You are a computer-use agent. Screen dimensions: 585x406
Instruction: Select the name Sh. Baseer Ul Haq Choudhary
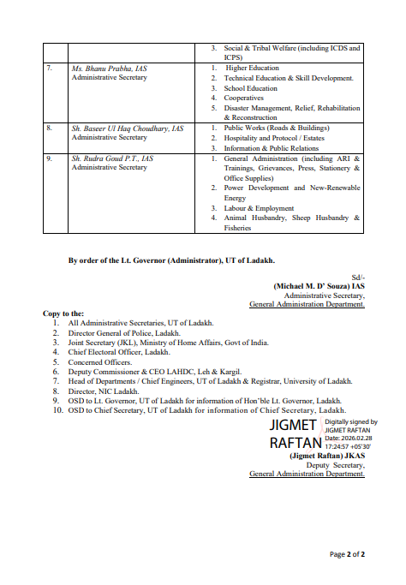tap(127, 128)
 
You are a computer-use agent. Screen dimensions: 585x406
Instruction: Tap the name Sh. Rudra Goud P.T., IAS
tap(112, 158)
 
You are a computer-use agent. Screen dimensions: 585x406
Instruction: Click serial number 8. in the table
tap(50, 128)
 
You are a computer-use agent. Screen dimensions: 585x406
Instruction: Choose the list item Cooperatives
tap(243, 98)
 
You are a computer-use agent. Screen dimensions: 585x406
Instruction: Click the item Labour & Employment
tap(259, 208)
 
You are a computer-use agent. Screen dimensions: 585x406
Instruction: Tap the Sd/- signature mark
tap(357, 278)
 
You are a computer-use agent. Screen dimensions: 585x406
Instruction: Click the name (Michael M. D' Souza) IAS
tap(319, 286)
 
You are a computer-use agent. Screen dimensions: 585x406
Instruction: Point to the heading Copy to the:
tap(63, 313)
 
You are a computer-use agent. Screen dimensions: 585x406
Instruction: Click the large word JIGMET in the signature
tap(294, 426)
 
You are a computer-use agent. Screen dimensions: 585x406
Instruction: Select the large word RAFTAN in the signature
tap(296, 444)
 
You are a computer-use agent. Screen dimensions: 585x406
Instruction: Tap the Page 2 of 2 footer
tap(348, 554)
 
